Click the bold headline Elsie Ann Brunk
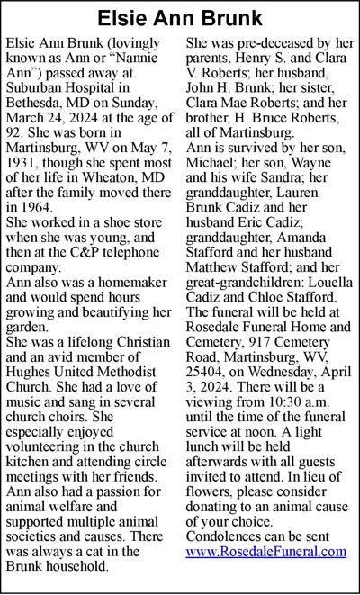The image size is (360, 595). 179,18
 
